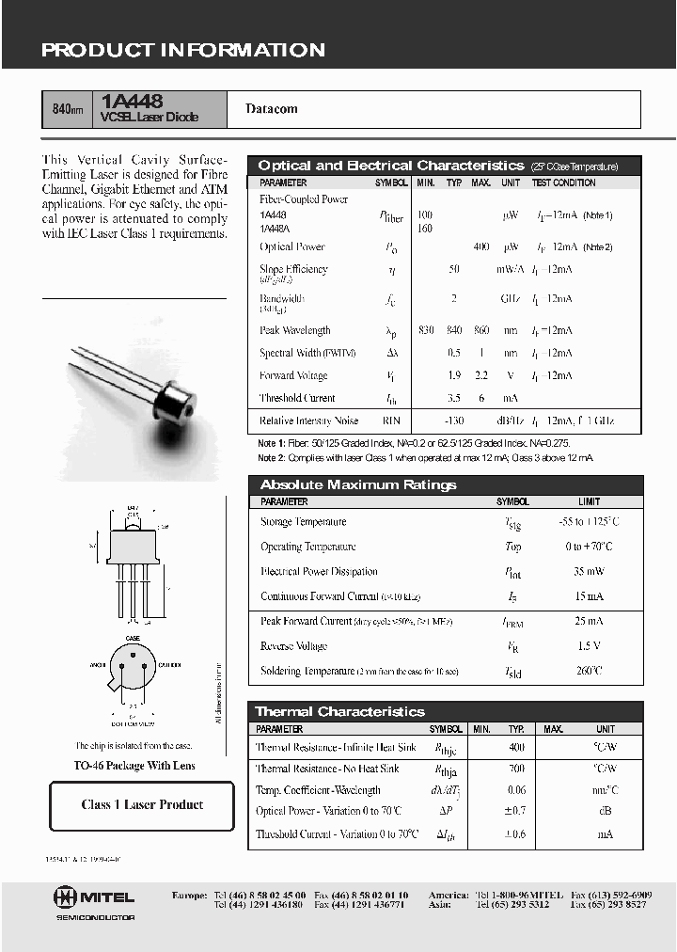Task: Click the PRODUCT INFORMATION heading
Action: [183, 51]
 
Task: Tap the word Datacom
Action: [272, 109]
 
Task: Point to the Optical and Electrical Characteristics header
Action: [390, 166]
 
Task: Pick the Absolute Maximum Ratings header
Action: [358, 485]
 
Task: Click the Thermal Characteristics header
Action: [340, 712]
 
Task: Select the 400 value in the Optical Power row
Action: [480, 246]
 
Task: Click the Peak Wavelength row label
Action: [295, 331]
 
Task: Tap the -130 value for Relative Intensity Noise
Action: [454, 420]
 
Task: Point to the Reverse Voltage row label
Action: [293, 646]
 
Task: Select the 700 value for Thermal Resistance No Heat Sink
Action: [516, 769]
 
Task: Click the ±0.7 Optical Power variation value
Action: [516, 811]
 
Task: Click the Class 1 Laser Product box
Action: [142, 805]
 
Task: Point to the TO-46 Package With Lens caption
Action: [134, 766]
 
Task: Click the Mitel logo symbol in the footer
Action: [66, 896]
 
